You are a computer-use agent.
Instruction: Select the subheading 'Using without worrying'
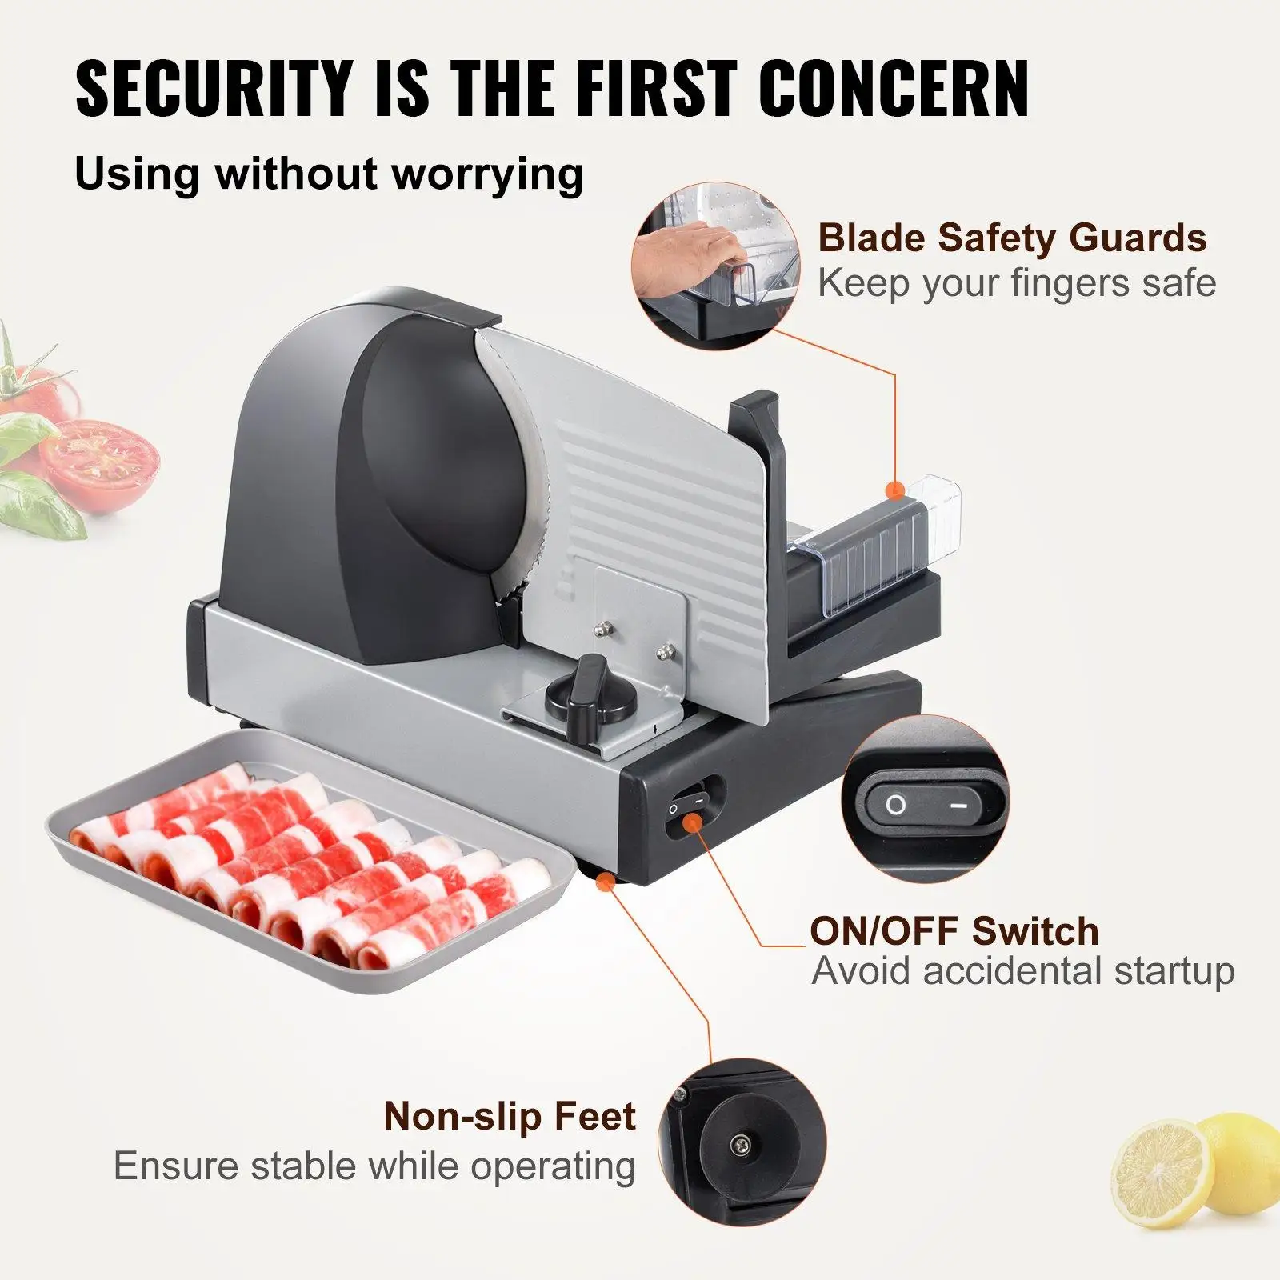pyautogui.click(x=329, y=174)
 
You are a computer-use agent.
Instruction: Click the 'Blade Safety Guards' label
pyautogui.click(x=1012, y=238)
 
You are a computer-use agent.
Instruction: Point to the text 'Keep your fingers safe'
pyautogui.click(x=1016, y=283)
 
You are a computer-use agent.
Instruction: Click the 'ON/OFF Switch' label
pyautogui.click(x=954, y=931)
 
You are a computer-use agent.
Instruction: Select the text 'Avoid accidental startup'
pyautogui.click(x=1022, y=971)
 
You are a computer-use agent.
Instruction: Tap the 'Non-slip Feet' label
pyautogui.click(x=510, y=1116)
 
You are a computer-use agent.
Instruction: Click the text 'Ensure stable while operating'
pyautogui.click(x=374, y=1166)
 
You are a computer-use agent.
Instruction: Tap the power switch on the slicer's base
pyautogui.click(x=687, y=810)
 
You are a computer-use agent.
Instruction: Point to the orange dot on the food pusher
pyautogui.click(x=896, y=489)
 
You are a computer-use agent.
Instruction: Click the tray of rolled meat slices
pyautogui.click(x=312, y=872)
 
